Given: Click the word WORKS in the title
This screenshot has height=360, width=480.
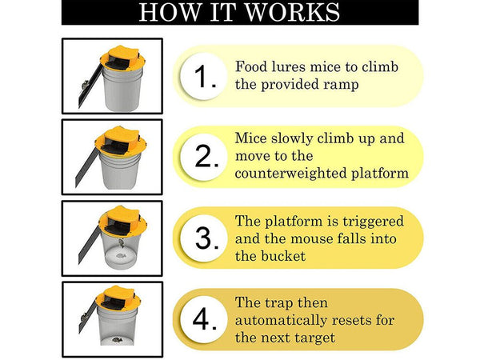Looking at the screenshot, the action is pos(292,12).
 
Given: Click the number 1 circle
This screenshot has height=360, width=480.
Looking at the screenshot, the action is pos(203,76).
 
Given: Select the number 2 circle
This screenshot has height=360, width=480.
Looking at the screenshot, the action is pos(203,157).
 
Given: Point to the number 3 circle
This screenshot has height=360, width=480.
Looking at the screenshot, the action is pos(203,238).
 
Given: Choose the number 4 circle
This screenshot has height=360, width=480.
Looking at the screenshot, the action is pos(203,319).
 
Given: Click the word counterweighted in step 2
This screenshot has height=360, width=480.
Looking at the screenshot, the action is pos(291,174).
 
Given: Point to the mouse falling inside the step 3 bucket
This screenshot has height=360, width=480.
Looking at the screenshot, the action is pos(122,243).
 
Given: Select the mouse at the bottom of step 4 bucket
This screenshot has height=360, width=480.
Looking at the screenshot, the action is pos(117,339).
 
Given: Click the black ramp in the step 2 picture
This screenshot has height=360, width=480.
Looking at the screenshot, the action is pos(86,168).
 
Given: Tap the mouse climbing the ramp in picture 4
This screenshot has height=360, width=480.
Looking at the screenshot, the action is pos(84,316).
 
